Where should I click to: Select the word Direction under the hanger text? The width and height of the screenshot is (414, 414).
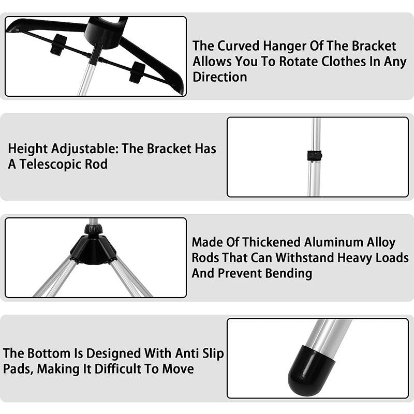click(220, 77)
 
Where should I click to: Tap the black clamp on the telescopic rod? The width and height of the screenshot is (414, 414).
click(314, 156)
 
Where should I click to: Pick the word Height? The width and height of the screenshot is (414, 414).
click(27, 149)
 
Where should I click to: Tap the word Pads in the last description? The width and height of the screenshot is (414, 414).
click(18, 369)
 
